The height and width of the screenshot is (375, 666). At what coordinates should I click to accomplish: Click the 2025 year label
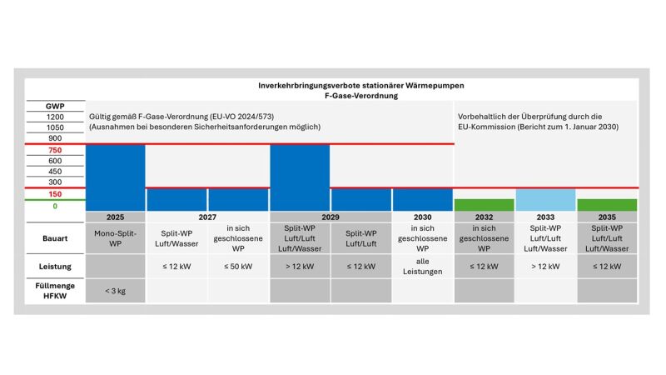tap(115, 217)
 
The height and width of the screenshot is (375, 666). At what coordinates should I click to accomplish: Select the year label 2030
tap(423, 217)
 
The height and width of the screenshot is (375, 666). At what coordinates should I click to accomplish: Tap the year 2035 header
tap(607, 217)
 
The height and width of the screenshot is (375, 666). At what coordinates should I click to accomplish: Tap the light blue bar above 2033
tap(545, 200)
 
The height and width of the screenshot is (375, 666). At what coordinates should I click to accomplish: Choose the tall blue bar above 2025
tap(115, 177)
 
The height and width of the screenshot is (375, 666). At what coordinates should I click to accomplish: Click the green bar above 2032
tap(485, 205)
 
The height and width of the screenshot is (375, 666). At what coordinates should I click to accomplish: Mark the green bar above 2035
tap(607, 205)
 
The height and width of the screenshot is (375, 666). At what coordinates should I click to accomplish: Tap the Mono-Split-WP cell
tap(115, 237)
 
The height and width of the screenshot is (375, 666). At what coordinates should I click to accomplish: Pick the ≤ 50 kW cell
tap(238, 267)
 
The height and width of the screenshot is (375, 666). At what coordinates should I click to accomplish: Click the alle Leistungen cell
tap(423, 267)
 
